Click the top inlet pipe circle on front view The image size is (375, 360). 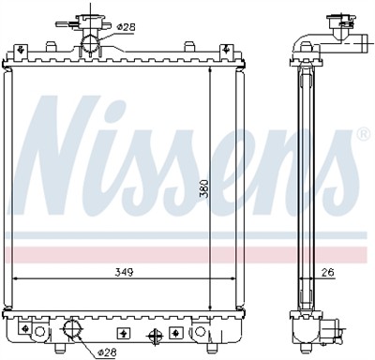pos(92,43)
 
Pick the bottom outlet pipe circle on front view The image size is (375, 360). pos(70,331)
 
